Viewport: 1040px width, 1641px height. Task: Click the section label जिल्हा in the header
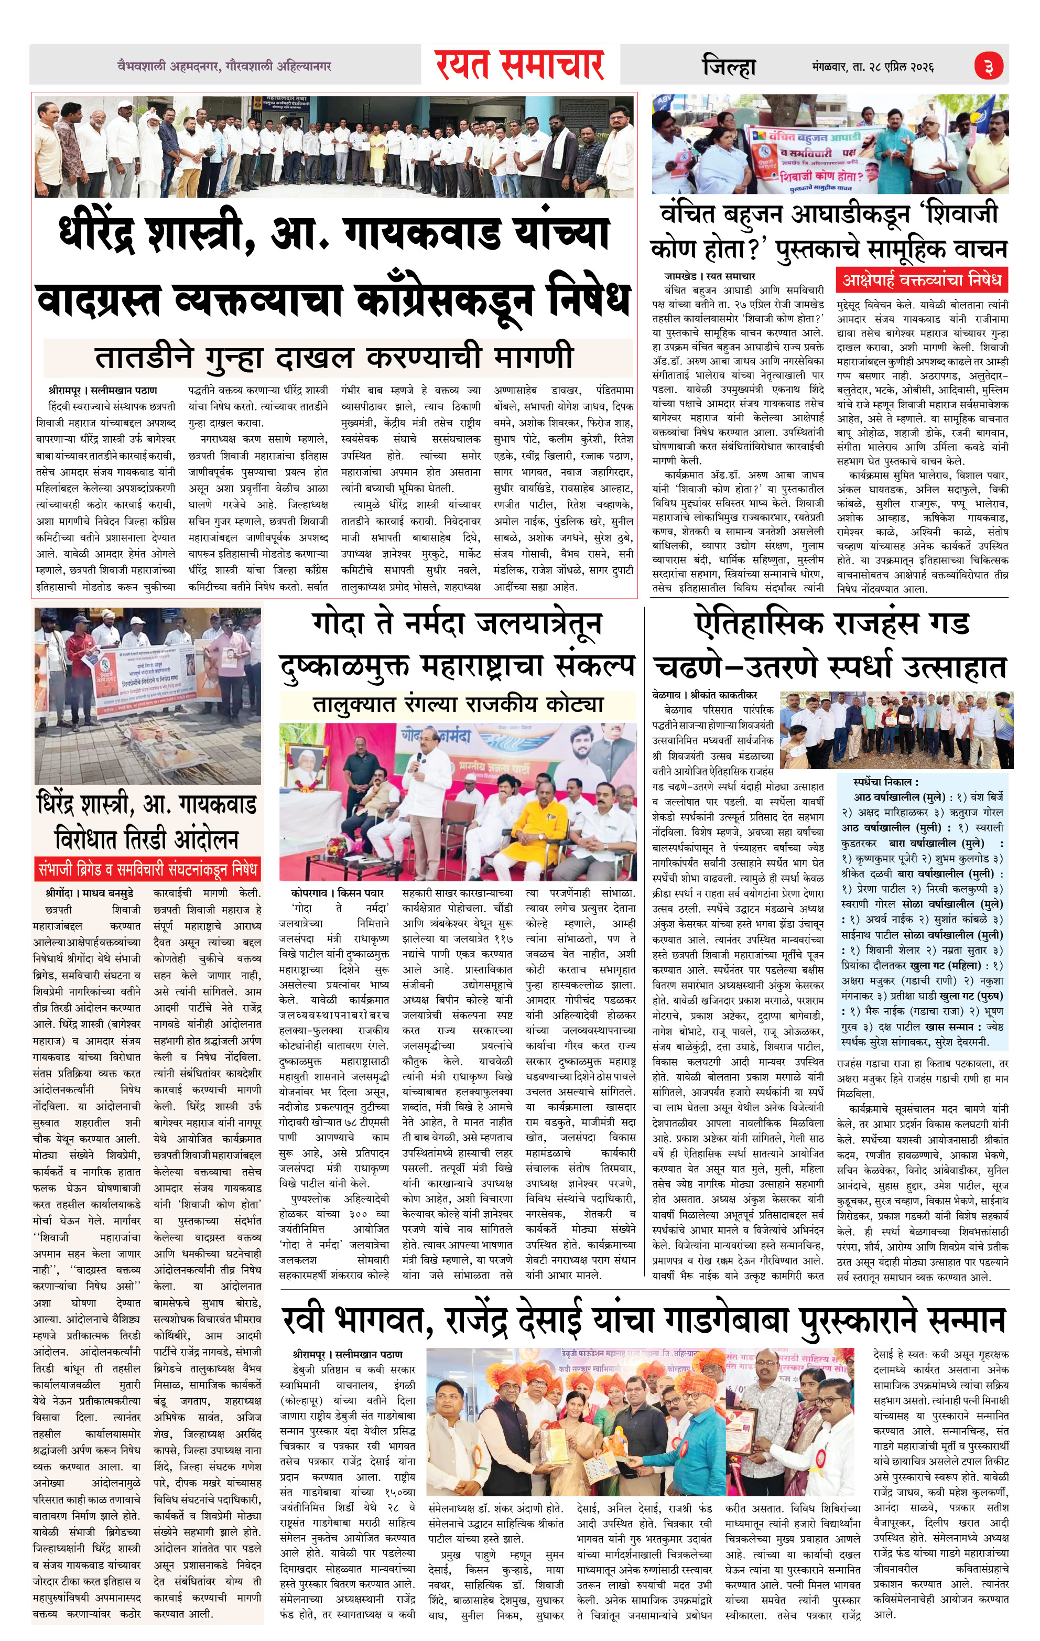[729, 67]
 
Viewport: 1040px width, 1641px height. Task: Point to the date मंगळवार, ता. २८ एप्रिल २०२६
[873, 67]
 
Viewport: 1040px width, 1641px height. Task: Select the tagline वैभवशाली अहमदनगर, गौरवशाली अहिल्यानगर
[224, 67]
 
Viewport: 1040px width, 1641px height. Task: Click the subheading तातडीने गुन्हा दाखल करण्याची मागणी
[334, 357]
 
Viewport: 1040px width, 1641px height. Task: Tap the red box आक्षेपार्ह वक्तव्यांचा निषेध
[922, 280]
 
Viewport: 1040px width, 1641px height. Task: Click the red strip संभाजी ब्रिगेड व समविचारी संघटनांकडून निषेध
[148, 870]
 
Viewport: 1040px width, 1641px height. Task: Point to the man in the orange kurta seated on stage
[539, 823]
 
